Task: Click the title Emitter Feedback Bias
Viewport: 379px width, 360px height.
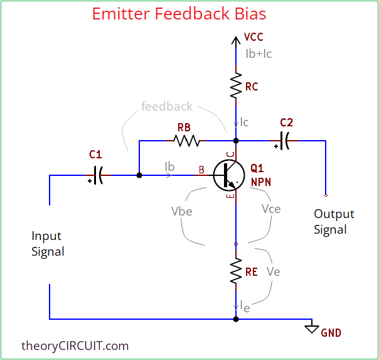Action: pyautogui.click(x=179, y=14)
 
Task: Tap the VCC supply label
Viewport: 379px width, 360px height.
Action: pyautogui.click(x=254, y=38)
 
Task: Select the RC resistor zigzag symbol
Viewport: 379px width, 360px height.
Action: pyautogui.click(x=236, y=86)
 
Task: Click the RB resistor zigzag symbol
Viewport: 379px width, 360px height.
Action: pyautogui.click(x=187, y=140)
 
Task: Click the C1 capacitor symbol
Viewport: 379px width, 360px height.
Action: pyautogui.click(x=98, y=175)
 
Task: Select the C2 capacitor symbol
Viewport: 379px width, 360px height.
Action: pyautogui.click(x=284, y=140)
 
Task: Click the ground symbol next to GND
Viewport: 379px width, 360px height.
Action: pyautogui.click(x=311, y=328)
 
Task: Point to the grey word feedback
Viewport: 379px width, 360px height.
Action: pyautogui.click(x=167, y=106)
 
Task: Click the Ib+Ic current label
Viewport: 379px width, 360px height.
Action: pyautogui.click(x=259, y=53)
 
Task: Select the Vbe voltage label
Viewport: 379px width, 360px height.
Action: pyautogui.click(x=181, y=211)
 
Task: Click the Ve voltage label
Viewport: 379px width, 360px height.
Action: pyautogui.click(x=273, y=271)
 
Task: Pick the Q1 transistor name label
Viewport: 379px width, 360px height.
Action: pyautogui.click(x=257, y=168)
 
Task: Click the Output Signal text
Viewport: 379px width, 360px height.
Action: pyautogui.click(x=334, y=222)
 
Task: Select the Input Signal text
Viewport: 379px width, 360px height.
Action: pyautogui.click(x=48, y=244)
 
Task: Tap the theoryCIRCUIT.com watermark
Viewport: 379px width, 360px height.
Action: pyautogui.click(x=75, y=346)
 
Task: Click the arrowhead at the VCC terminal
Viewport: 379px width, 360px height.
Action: pyautogui.click(x=236, y=41)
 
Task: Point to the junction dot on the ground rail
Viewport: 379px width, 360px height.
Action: pyautogui.click(x=236, y=319)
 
